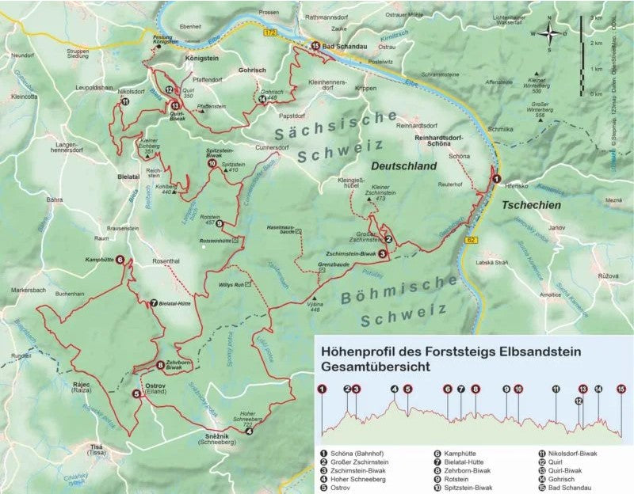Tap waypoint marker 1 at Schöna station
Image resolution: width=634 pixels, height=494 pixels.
pos(496,180)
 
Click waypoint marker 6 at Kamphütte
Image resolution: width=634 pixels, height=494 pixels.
pos(120,259)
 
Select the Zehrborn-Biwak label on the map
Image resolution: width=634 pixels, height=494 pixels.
pos(179,367)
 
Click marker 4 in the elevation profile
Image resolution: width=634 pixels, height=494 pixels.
pos(395,389)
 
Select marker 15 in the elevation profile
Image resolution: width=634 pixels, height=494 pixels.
pos(621,389)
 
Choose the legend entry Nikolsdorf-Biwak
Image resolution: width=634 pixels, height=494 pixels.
pos(567,454)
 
